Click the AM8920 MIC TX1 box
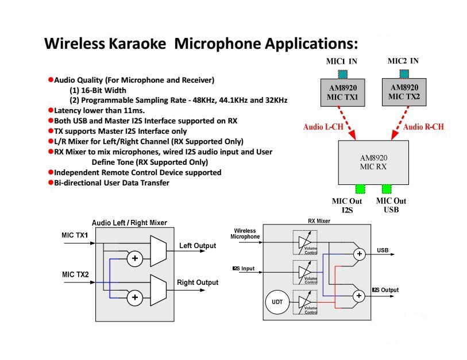[x=342, y=92]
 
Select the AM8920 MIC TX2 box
[x=404, y=92]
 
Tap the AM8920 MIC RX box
[x=373, y=162]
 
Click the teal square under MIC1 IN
[x=343, y=75]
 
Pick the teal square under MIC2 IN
[x=404, y=74]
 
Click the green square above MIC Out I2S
[x=360, y=189]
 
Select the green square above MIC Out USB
[x=387, y=189]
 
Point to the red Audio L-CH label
[x=323, y=127]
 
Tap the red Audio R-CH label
[x=423, y=127]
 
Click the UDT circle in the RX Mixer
[x=277, y=302]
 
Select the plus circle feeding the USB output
[x=360, y=254]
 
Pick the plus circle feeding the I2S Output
[x=359, y=296]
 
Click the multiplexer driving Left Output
[x=158, y=251]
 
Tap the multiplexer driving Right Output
[x=158, y=290]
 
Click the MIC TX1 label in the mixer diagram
[x=75, y=235]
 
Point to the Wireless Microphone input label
[x=245, y=234]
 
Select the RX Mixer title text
[x=319, y=221]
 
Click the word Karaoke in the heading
[x=137, y=44]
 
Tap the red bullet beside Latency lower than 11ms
[x=51, y=110]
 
